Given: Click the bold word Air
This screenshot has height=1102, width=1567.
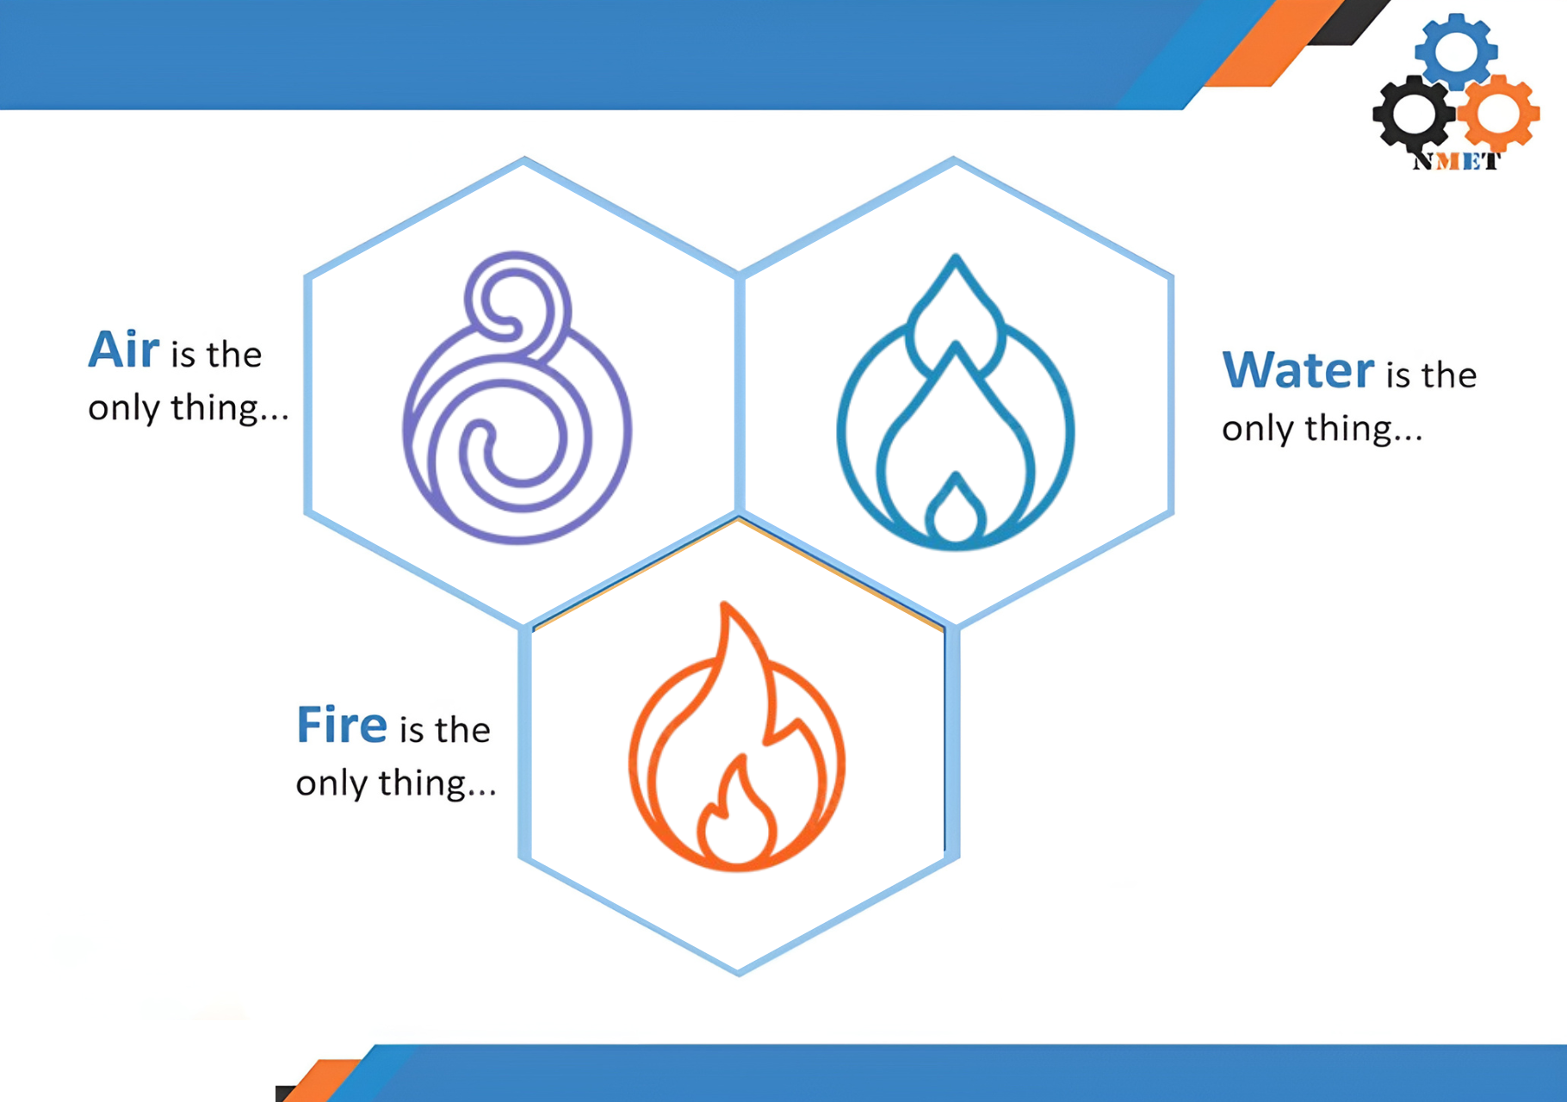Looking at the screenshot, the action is pos(124,350).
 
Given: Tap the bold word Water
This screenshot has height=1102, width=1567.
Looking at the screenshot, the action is pos(1298,370).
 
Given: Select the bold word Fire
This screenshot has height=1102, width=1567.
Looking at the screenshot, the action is pos(342,725).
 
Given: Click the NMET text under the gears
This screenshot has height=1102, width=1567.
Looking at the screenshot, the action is pos(1456,161).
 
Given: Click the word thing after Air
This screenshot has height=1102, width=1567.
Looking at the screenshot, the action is pos(215,408).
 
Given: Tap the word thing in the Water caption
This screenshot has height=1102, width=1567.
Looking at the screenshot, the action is pos(1348,429).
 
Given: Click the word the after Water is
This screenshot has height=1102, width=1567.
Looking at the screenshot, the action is pos(1449,375).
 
